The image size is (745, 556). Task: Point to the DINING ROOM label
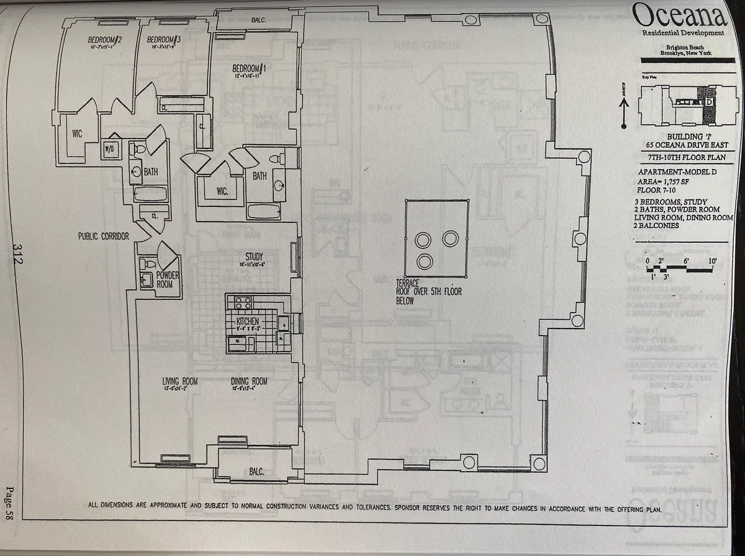click(x=249, y=381)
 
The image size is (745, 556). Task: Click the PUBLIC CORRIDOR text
click(x=103, y=237)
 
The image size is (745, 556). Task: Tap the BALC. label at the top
click(x=260, y=19)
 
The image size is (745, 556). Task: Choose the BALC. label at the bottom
click(x=257, y=472)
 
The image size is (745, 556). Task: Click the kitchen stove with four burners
click(x=240, y=303)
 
